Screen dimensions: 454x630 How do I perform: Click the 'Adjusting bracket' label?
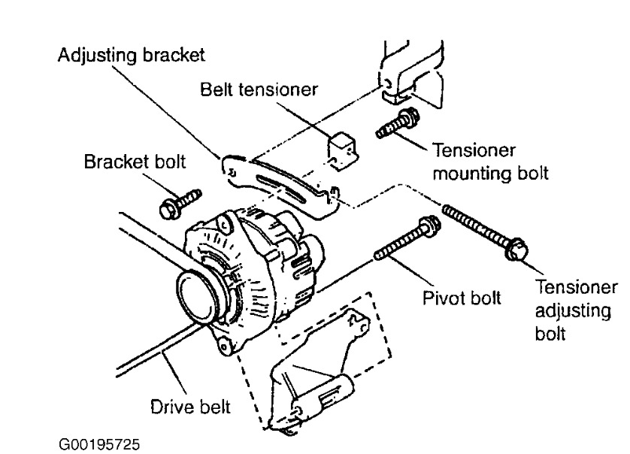pos(132,57)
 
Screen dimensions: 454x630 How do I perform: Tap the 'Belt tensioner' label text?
pos(259,89)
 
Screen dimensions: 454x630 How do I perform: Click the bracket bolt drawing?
pos(180,202)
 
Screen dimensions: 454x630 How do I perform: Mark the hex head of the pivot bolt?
pos(429,225)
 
